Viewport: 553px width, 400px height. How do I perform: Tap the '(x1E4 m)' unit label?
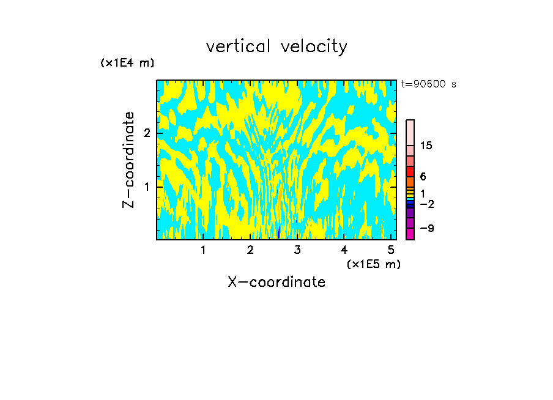tap(127, 63)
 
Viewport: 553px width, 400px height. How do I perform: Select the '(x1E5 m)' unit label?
tap(373, 264)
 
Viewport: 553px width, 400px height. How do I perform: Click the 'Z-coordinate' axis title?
tap(128, 160)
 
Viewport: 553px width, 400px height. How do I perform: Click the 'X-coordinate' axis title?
tap(276, 282)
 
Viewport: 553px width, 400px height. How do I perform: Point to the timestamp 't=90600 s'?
tap(429, 84)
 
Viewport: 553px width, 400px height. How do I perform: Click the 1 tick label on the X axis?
tap(203, 250)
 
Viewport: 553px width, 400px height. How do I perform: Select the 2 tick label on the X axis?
tap(250, 250)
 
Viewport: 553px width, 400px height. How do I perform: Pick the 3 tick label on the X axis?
tap(297, 250)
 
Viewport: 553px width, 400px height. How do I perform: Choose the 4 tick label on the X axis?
tap(344, 250)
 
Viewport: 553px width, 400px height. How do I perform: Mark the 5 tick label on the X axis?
tap(391, 250)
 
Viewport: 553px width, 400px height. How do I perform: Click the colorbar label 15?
tap(426, 146)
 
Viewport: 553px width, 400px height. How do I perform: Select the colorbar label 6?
tap(423, 177)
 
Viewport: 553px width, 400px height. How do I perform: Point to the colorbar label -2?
tap(426, 204)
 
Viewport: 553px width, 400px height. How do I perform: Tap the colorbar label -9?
tap(426, 228)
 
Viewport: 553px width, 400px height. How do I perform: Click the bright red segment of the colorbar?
tap(410, 171)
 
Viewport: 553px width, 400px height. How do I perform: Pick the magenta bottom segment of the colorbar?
tap(410, 234)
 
